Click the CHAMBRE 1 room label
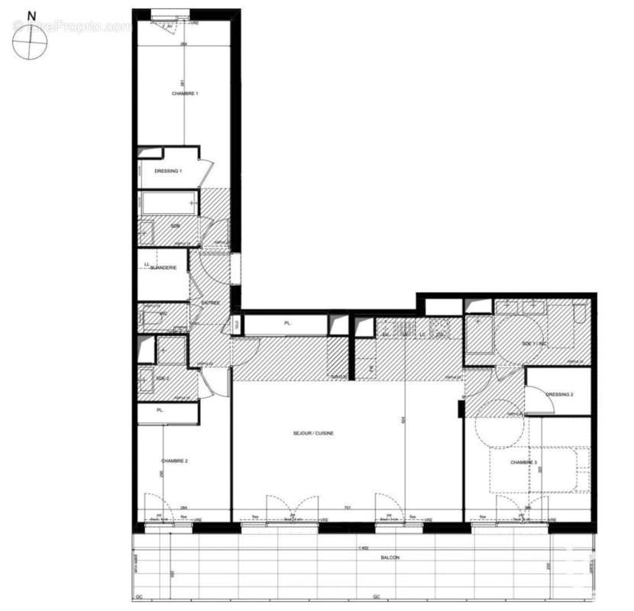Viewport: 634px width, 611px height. click(185, 93)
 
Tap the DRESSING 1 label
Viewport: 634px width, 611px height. click(168, 171)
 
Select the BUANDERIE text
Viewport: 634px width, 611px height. click(163, 267)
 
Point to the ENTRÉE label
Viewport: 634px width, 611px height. click(210, 303)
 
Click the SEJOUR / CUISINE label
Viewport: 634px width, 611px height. click(313, 433)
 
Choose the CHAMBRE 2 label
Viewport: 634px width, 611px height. click(175, 461)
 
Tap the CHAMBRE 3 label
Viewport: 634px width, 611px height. click(524, 462)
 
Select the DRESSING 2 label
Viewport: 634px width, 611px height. click(560, 395)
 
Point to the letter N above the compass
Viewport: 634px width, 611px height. click(31, 15)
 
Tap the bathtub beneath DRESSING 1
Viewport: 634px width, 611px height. click(168, 204)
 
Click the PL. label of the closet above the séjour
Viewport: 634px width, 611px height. click(288, 324)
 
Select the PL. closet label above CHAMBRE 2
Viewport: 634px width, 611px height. click(160, 411)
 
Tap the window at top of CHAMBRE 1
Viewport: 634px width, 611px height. click(170, 14)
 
